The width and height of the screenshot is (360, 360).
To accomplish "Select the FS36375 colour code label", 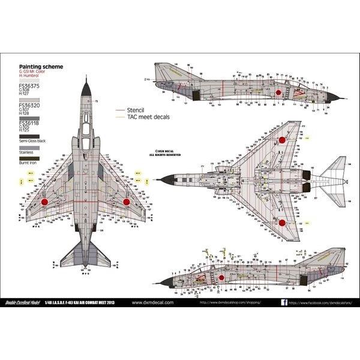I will click(x=29, y=85).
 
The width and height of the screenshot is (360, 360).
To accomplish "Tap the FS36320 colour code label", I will click(x=29, y=104).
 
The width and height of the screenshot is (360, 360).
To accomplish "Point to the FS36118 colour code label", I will click(x=29, y=124).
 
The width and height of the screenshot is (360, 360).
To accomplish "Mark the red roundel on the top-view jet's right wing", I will click(x=127, y=202).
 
